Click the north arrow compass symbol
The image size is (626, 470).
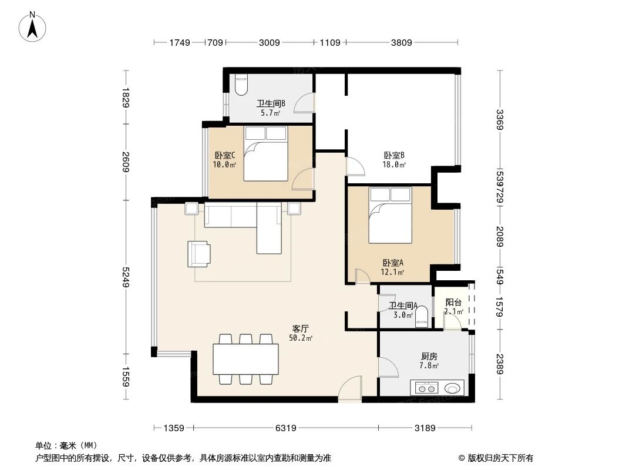pyautogui.click(x=33, y=27)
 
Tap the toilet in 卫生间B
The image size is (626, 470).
pyautogui.click(x=241, y=85)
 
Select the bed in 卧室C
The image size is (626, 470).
pyautogui.click(x=266, y=153)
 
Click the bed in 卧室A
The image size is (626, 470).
pyautogui.click(x=390, y=215)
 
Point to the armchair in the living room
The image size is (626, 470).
pyautogui.click(x=199, y=253)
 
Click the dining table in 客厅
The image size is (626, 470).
pyautogui.click(x=245, y=359)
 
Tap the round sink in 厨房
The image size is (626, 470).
pyautogui.click(x=452, y=388)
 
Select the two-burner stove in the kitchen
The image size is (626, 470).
pyautogui.click(x=426, y=388)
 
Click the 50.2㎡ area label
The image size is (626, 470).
pyautogui.click(x=300, y=338)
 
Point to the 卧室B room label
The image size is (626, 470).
pyautogui.click(x=394, y=155)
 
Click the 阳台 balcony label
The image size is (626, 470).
pyautogui.click(x=453, y=303)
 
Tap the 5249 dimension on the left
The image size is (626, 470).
pyautogui.click(x=126, y=277)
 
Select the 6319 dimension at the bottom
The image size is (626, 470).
pyautogui.click(x=285, y=428)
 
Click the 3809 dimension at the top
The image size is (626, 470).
pyautogui.click(x=402, y=42)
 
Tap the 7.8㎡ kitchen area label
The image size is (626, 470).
pyautogui.click(x=429, y=365)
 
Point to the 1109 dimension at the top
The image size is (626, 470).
pyautogui.click(x=330, y=42)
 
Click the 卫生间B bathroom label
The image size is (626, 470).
pyautogui.click(x=271, y=104)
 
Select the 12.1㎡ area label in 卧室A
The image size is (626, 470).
pyautogui.click(x=393, y=272)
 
